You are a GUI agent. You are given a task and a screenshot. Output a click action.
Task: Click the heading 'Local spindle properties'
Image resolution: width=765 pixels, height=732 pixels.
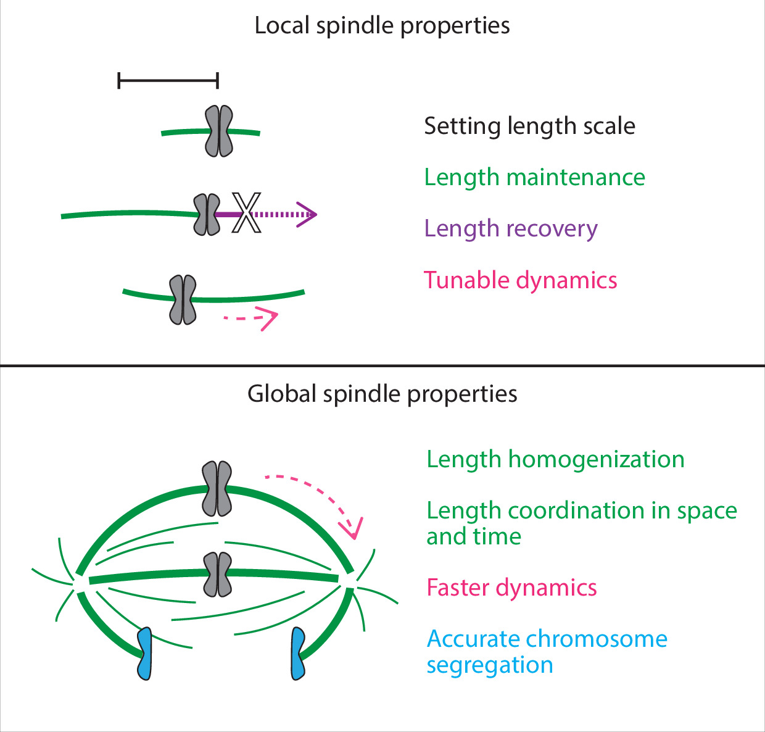(382, 26)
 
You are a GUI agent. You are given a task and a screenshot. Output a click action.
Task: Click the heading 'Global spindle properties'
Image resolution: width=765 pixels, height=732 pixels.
(382, 394)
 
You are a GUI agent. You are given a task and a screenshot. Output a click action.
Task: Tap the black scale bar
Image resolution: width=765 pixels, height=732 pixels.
(168, 80)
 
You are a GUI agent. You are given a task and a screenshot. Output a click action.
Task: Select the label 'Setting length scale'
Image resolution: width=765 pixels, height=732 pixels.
(529, 127)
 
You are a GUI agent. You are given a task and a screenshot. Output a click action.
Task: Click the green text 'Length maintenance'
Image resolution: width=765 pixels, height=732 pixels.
(534, 178)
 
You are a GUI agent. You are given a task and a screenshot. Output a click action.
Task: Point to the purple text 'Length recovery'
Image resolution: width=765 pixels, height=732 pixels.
(510, 229)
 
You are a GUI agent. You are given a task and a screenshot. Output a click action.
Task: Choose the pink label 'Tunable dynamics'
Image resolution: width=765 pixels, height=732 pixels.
(520, 280)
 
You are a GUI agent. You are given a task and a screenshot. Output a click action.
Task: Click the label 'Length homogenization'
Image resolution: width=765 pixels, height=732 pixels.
(555, 460)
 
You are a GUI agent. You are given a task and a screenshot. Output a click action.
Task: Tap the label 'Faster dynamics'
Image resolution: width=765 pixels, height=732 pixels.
(511, 588)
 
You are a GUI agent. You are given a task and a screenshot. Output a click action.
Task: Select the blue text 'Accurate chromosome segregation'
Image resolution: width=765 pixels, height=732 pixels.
(547, 652)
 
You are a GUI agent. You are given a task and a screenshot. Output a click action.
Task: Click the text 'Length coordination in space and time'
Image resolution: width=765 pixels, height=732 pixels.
(581, 523)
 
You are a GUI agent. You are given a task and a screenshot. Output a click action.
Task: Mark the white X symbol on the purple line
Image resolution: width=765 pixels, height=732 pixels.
(246, 213)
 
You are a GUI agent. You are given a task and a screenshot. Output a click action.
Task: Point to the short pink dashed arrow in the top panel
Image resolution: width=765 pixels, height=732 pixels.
(252, 319)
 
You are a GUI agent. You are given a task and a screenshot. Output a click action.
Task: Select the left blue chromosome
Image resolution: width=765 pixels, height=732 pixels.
(144, 654)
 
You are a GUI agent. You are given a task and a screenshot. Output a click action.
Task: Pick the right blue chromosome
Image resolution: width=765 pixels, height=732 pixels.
(298, 654)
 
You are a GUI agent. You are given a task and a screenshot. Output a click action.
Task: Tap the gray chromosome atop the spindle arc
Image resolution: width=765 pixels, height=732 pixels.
(217, 488)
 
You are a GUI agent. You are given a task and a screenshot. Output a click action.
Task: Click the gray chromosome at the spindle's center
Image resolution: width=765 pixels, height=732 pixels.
(217, 575)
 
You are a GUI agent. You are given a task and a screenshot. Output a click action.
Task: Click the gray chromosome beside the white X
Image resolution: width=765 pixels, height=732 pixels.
(207, 215)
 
